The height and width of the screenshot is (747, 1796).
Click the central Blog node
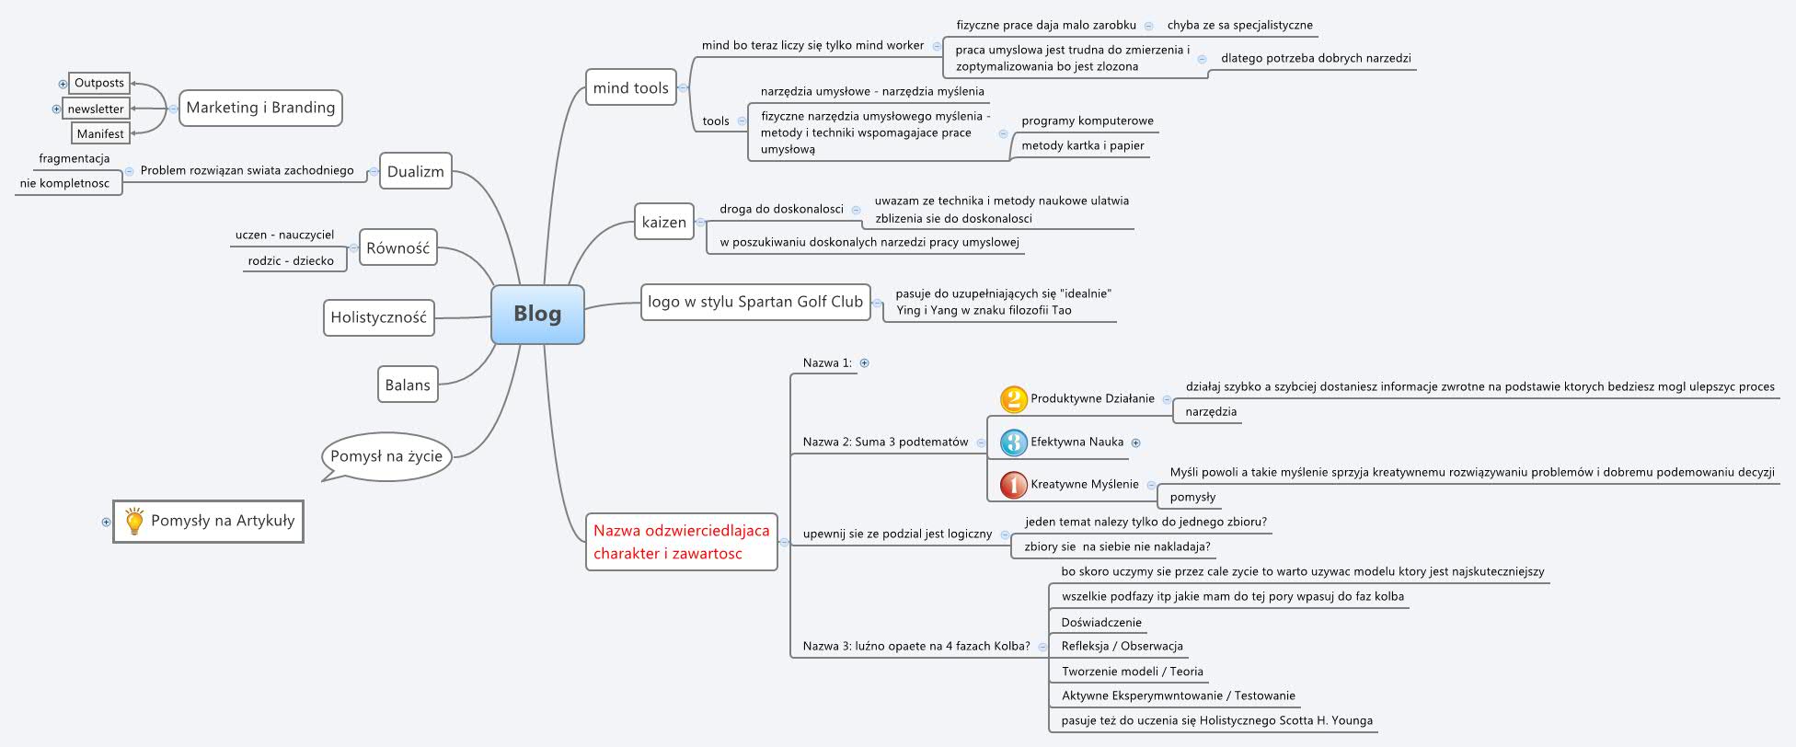click(537, 315)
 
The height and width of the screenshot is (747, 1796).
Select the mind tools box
click(631, 88)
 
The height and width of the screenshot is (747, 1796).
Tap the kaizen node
click(663, 223)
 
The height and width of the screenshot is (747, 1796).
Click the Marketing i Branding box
click(260, 108)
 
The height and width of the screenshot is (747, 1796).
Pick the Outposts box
click(99, 83)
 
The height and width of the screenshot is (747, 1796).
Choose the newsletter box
click(96, 109)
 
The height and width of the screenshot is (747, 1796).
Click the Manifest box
click(100, 133)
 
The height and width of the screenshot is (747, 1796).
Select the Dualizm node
click(415, 171)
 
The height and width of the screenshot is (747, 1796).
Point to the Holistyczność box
click(378, 317)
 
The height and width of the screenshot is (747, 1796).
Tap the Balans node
click(407, 385)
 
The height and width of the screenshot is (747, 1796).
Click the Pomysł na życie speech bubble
click(386, 455)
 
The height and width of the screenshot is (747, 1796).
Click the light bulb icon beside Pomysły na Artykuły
click(134, 522)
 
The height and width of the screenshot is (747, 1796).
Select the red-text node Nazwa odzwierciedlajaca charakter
click(681, 542)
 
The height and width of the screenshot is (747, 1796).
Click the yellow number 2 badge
click(1013, 399)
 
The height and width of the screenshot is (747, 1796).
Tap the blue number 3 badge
click(1013, 442)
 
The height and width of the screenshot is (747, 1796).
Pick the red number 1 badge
click(1013, 485)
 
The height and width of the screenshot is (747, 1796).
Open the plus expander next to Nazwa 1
click(864, 363)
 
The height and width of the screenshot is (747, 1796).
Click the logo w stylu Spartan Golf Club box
click(754, 302)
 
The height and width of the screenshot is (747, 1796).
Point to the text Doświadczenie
click(1100, 622)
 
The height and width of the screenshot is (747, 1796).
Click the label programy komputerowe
click(1087, 121)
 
